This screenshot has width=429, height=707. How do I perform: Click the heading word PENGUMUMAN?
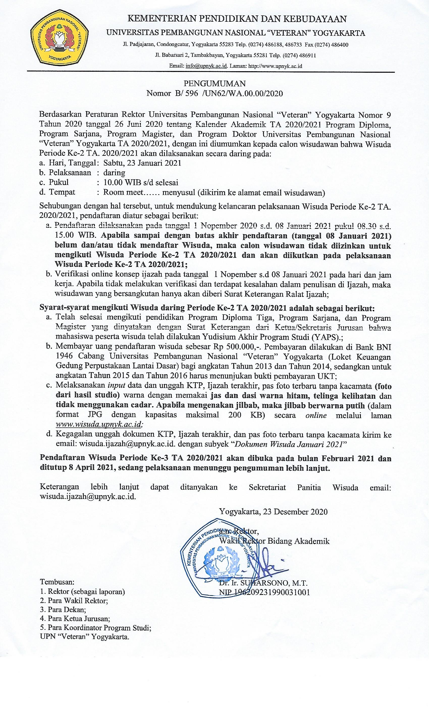215,84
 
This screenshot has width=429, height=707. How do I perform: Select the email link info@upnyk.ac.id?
206,66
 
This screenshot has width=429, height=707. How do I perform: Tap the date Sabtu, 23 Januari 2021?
142,163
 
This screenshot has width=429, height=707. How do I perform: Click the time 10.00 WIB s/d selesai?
141,183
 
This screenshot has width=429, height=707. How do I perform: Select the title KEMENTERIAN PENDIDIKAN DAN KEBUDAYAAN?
237,19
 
